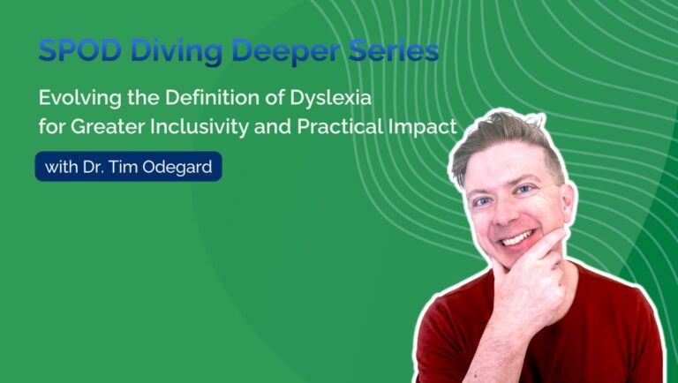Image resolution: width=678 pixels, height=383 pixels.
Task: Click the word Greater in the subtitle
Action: coord(101,127)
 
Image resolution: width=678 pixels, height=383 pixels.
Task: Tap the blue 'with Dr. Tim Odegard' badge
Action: coord(128,166)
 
